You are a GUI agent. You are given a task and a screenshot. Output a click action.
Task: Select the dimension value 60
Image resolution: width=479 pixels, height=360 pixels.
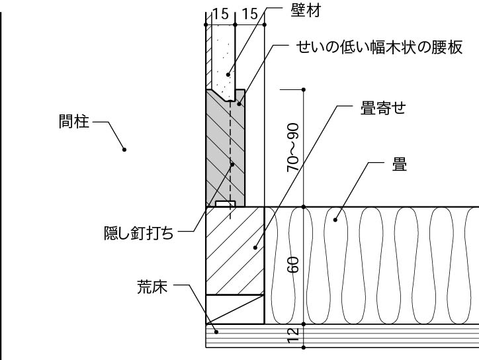pyautogui.click(x=293, y=265)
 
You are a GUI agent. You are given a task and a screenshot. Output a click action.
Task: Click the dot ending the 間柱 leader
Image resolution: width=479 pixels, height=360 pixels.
pyautogui.click(x=124, y=150)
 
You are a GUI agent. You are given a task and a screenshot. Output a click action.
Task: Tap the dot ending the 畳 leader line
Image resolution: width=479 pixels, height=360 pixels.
pyautogui.click(x=337, y=218)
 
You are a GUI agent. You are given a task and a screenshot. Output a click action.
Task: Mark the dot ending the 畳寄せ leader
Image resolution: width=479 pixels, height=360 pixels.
pyautogui.click(x=255, y=248)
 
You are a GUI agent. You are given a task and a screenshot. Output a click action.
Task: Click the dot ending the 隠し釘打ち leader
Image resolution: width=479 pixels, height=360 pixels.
pyautogui.click(x=232, y=164)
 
